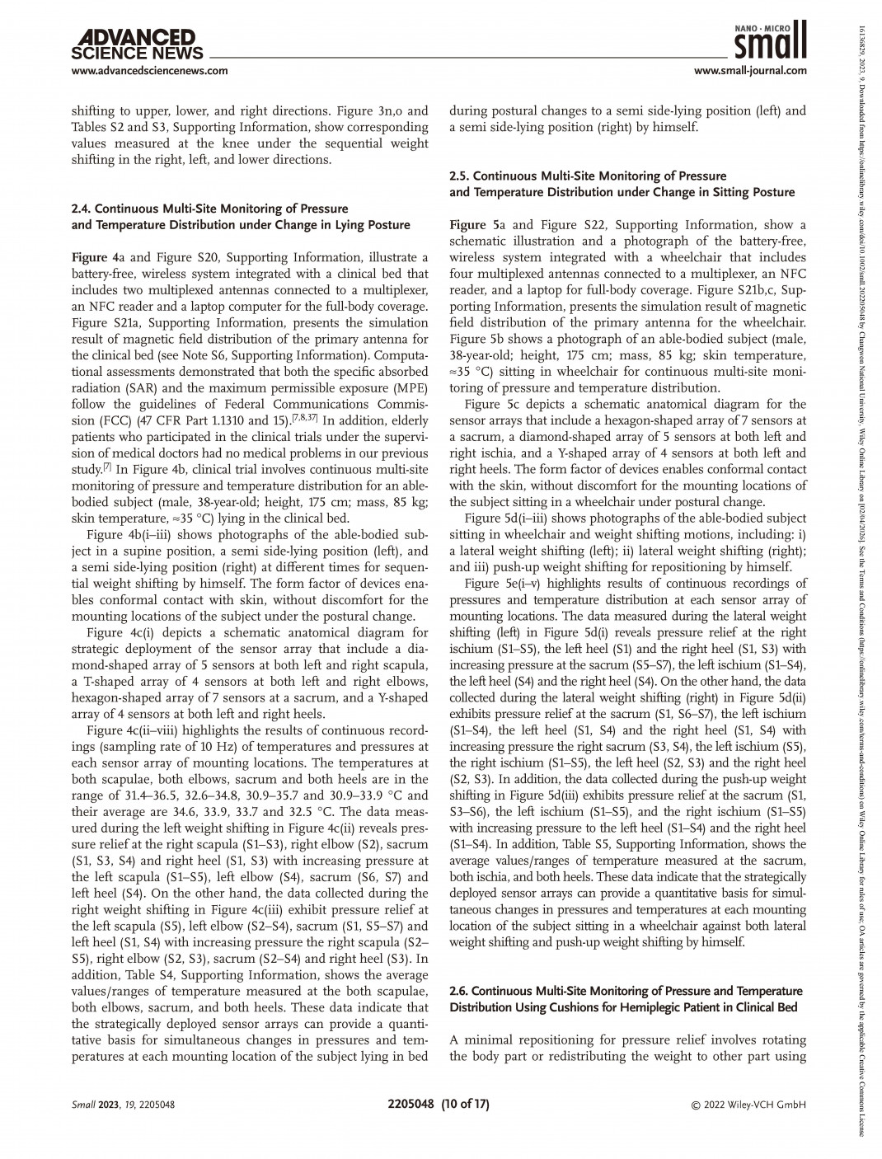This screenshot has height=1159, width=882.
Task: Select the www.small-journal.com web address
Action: (750, 71)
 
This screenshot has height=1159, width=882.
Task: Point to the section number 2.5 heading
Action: (460, 176)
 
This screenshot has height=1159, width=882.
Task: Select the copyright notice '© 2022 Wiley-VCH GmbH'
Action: (748, 1105)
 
